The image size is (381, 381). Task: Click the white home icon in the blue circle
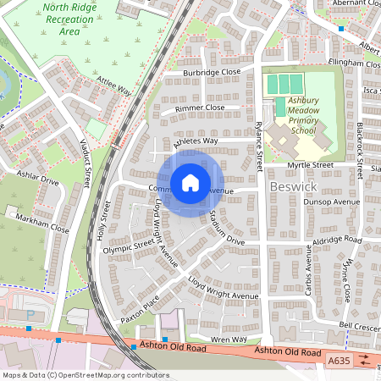click(190, 182)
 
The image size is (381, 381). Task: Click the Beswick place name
click(291, 185)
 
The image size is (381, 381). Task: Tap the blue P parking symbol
click(31, 314)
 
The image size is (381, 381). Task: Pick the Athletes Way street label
click(196, 141)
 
